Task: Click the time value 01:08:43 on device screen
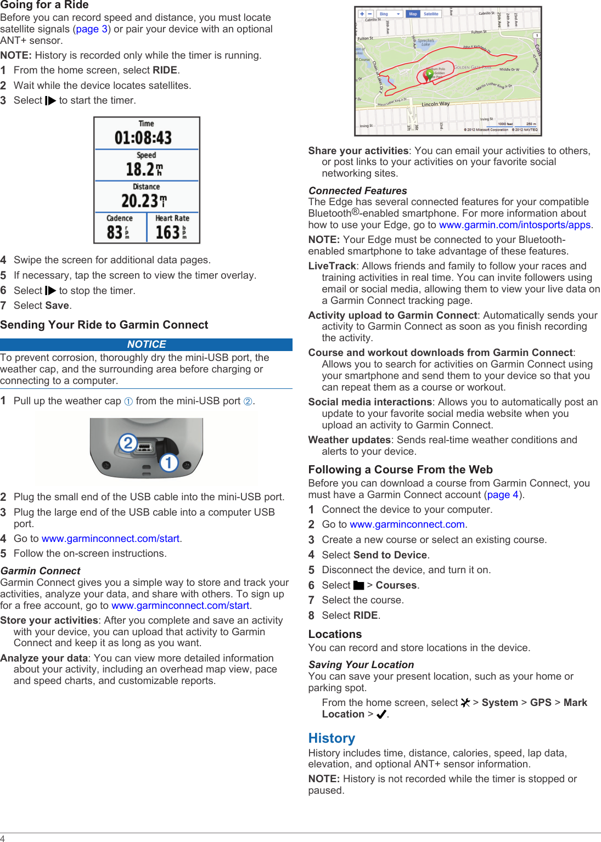[x=143, y=138]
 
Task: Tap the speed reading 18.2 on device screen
[x=141, y=169]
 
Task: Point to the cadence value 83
[x=114, y=232]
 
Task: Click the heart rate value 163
[x=167, y=232]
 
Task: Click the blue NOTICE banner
[x=146, y=344]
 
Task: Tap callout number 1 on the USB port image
[x=169, y=462]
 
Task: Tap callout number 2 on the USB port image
[x=128, y=442]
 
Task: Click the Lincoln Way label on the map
[x=435, y=104]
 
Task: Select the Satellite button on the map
[x=431, y=14]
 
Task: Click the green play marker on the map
[x=429, y=74]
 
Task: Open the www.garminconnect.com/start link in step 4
[x=110, y=539]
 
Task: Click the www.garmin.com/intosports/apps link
[x=514, y=225]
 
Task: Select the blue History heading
[x=332, y=738]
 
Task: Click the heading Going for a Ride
[x=44, y=5]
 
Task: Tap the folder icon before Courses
[x=358, y=585]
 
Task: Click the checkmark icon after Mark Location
[x=381, y=714]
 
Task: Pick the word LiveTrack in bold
[x=332, y=266]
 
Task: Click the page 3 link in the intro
[x=92, y=29]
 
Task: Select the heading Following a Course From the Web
[x=400, y=470]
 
